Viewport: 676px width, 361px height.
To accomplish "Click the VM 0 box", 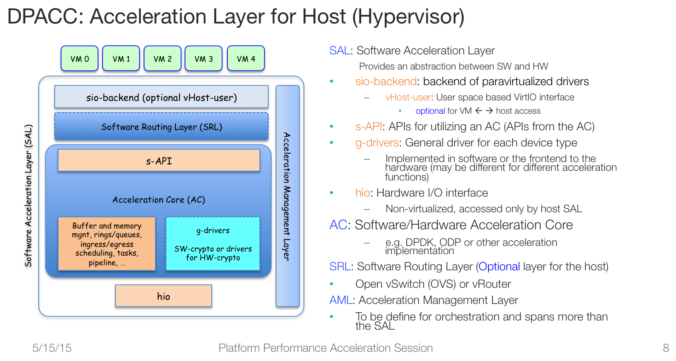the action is click(x=79, y=58).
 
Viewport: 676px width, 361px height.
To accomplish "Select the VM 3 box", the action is click(x=204, y=58).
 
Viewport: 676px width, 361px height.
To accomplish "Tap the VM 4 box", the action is click(x=246, y=58).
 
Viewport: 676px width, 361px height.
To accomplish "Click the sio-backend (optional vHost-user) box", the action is click(x=162, y=97).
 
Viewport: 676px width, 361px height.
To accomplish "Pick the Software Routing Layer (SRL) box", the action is click(x=162, y=127).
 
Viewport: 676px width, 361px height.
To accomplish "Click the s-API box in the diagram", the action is click(x=159, y=160).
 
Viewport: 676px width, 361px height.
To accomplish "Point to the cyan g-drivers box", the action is click(x=213, y=244).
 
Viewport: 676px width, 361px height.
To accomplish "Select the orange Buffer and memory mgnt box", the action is click(x=107, y=244).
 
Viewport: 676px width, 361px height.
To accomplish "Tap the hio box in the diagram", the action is click(x=163, y=296).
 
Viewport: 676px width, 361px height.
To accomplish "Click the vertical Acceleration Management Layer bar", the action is click(x=288, y=196).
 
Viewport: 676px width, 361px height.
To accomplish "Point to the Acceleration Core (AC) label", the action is click(x=159, y=200).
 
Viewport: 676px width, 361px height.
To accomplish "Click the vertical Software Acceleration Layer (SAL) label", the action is click(x=29, y=196).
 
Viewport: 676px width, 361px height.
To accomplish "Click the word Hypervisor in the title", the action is click(x=408, y=17).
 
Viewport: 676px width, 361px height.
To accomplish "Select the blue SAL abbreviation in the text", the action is click(x=340, y=51).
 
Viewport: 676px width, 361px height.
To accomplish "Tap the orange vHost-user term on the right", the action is click(x=408, y=97).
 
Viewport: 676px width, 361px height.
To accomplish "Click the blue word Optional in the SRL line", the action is click(x=499, y=267).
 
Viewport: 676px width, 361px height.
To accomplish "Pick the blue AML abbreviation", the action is click(x=341, y=300).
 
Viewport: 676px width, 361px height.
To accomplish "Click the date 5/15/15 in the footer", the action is click(x=52, y=348).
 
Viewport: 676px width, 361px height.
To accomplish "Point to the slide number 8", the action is click(x=666, y=348).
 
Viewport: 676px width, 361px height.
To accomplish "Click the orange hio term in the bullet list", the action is click(x=363, y=193).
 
